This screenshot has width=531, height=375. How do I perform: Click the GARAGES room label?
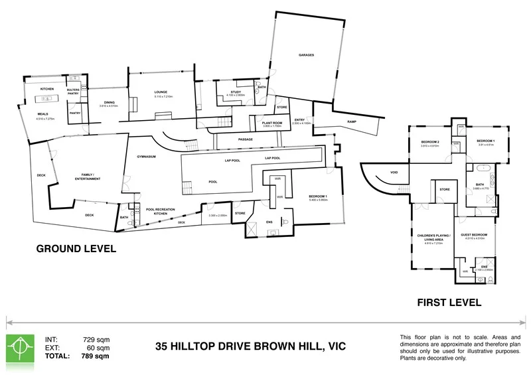tap(306, 55)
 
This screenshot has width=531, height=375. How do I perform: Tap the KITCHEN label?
tap(46, 89)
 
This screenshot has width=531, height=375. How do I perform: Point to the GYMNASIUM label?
tap(147, 157)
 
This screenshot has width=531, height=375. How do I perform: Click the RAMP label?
tap(351, 121)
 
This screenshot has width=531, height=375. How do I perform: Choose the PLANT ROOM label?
tap(272, 123)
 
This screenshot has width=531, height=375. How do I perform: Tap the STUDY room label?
tap(236, 92)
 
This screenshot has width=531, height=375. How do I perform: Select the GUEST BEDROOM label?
tap(474, 235)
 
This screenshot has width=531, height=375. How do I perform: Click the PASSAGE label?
tap(246, 139)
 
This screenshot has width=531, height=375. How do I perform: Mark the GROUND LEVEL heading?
tap(76, 249)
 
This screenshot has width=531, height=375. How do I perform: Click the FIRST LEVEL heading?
tap(449, 302)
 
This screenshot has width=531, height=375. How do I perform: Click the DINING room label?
tap(108, 102)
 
